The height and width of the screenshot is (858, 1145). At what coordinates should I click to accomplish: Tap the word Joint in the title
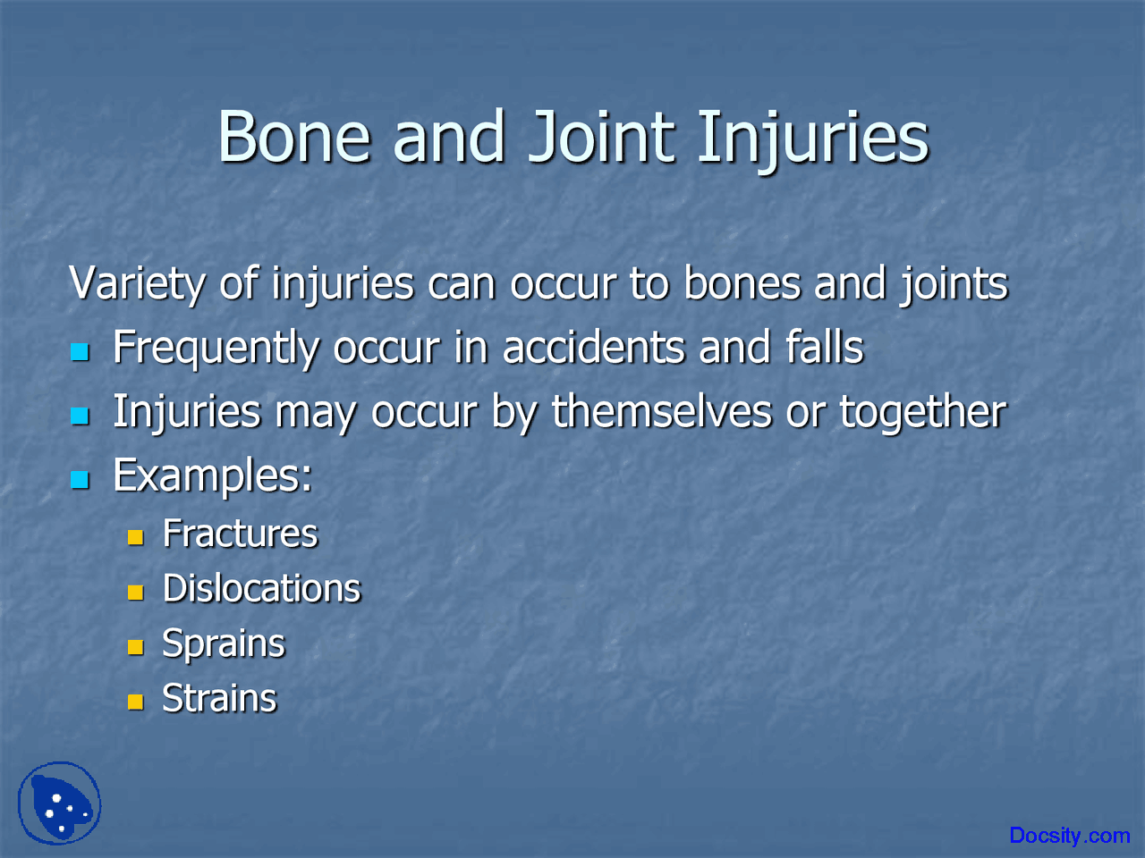pos(600,138)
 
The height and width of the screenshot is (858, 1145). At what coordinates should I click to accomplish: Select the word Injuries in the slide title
pos(812,139)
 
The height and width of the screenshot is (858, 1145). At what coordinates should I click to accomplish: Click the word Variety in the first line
pos(137,284)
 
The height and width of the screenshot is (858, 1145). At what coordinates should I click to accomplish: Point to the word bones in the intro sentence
pos(742,284)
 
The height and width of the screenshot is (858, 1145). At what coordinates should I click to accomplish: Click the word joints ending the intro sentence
pos(954,284)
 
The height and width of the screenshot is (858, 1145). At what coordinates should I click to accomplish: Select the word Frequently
pos(215,349)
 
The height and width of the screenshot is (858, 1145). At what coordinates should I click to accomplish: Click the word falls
pos(824,348)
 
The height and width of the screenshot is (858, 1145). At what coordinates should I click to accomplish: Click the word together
pos(922,412)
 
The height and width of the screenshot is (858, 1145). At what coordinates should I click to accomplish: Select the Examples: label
pos(212,475)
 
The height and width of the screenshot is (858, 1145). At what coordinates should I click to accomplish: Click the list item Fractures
pos(240,534)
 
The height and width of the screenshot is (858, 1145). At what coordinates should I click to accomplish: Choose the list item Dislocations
pos(261,589)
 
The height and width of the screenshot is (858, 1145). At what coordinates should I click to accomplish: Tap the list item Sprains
pos(223,644)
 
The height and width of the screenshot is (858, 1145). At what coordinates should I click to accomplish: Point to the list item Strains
pos(219,699)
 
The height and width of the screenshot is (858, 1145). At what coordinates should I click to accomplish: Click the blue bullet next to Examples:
pos(81,480)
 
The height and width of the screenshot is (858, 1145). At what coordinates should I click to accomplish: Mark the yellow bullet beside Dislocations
pos(135,593)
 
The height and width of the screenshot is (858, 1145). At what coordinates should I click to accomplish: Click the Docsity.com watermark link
pos(1069,836)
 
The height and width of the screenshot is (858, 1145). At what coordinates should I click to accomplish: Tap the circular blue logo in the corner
pos(60,803)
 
